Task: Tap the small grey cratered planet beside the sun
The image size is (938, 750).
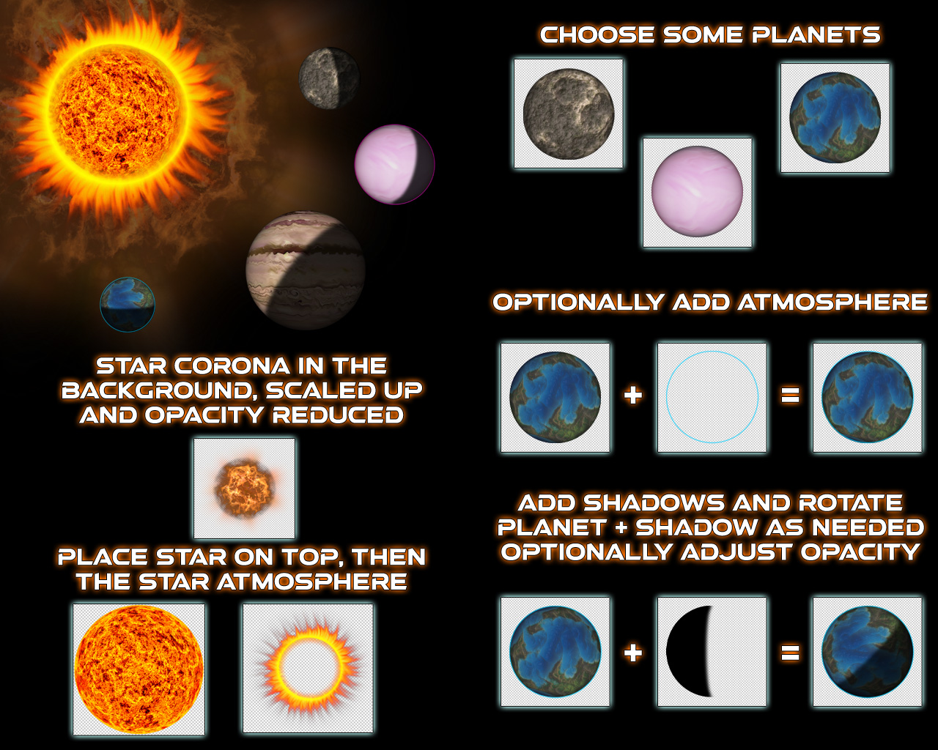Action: click(330, 78)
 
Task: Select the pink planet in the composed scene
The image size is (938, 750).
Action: click(394, 164)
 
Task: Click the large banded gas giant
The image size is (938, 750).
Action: click(306, 270)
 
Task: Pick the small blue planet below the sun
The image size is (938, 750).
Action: click(128, 305)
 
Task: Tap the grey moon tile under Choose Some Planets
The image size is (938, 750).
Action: click(569, 114)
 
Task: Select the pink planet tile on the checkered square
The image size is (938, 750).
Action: click(698, 192)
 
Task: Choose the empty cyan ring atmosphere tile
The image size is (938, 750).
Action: click(712, 397)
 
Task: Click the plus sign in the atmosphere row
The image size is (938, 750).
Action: click(633, 396)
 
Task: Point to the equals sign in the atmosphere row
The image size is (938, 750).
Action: click(790, 396)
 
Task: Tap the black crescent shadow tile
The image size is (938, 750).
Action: click(712, 652)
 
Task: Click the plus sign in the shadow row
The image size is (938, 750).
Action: click(633, 653)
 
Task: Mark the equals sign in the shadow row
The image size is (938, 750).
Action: click(790, 653)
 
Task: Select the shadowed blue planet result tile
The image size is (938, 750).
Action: click(868, 652)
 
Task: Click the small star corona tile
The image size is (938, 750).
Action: click(244, 489)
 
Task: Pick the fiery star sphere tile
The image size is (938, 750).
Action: click(139, 669)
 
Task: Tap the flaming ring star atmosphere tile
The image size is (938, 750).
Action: click(308, 668)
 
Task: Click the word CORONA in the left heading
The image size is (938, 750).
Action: click(232, 365)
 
